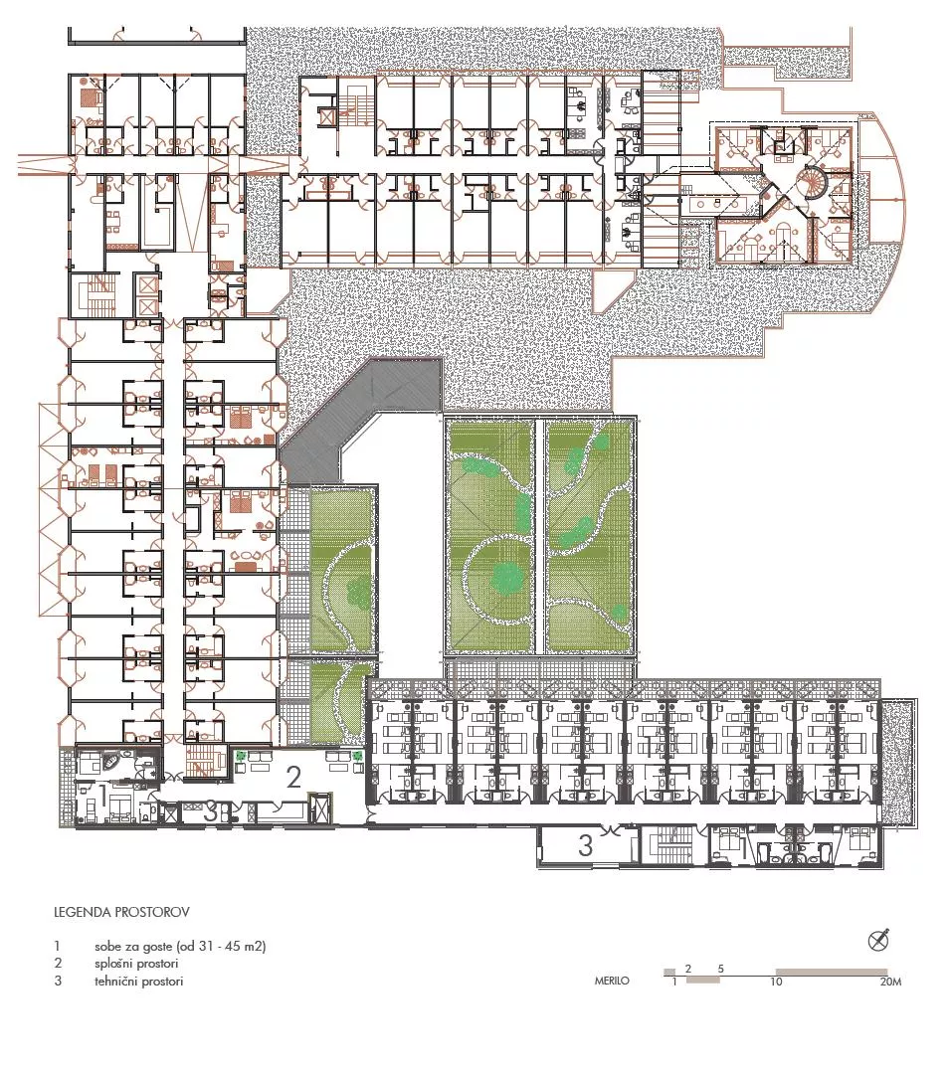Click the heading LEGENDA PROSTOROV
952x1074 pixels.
click(x=122, y=912)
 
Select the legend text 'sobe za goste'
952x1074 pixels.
click(x=133, y=947)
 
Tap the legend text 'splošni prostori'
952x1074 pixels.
click(x=136, y=964)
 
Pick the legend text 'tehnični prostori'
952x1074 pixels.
click(x=139, y=981)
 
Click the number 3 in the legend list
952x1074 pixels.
click(x=58, y=981)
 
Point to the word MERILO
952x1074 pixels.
click(x=612, y=981)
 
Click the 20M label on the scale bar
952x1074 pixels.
click(x=891, y=982)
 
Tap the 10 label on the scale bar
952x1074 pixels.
click(x=776, y=982)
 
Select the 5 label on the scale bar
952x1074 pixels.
click(x=721, y=969)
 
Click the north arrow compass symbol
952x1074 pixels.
click(x=878, y=940)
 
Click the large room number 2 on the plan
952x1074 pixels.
click(x=294, y=777)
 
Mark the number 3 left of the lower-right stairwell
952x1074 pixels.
click(x=585, y=845)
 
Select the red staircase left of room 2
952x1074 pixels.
click(x=206, y=761)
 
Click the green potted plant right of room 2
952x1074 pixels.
click(x=358, y=755)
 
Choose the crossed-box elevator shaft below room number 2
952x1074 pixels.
click(x=318, y=808)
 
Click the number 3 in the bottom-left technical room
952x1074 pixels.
click(x=211, y=813)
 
